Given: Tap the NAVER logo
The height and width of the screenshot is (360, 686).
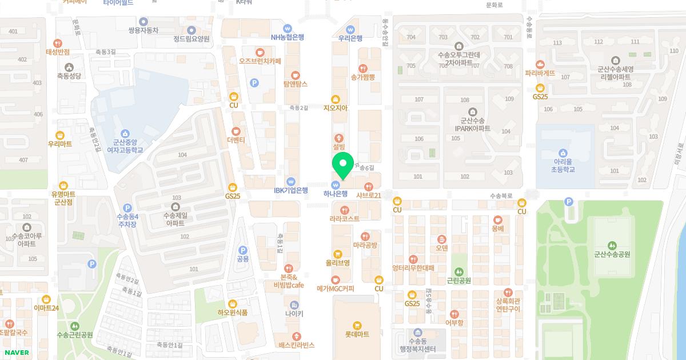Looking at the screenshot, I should point(17,353).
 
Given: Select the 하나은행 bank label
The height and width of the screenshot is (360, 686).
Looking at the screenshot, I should point(336,194).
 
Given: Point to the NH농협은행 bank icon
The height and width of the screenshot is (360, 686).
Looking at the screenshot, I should point(288,28).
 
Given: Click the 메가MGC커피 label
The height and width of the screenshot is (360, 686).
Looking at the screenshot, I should point(336,289).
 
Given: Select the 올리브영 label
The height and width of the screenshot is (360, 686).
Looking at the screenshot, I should point(337,263).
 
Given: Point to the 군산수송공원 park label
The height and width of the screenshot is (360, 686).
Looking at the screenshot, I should point(612,254).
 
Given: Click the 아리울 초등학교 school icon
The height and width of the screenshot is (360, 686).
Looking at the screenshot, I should point(563,153).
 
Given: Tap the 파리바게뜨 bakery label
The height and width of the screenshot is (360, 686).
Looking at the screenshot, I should point(540,74).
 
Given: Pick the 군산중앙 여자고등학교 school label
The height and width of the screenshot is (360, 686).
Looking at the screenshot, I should point(125,146).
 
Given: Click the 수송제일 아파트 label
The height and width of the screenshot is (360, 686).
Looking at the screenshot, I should point(175,219).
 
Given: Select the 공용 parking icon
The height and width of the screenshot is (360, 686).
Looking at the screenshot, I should point(243,250).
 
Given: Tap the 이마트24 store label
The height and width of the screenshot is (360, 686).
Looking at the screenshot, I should point(46,308).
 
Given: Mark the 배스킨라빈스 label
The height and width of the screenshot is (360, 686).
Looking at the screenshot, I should point(297,345).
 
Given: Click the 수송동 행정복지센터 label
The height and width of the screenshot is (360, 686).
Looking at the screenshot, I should point(417,345).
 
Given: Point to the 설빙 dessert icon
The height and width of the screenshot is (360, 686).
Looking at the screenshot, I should point(340,138).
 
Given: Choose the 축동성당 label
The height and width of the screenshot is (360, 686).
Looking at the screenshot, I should point(69,75).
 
